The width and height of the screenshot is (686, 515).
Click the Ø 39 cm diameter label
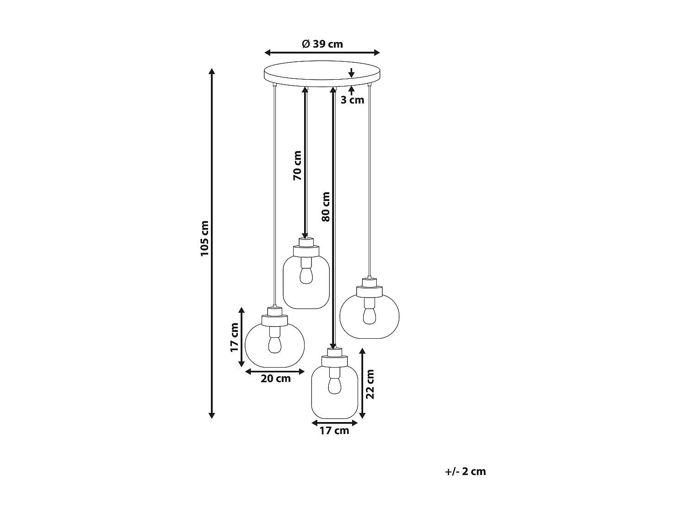pyautogui.click(x=322, y=44)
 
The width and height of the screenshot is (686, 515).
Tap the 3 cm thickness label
pyautogui.click(x=352, y=100)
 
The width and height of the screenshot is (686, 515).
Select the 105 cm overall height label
pyautogui.click(x=204, y=239)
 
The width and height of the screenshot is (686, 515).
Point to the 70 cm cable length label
pyautogui.click(x=298, y=165)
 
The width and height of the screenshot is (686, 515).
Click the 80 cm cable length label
pyautogui.click(x=326, y=206)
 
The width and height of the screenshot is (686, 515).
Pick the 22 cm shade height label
pyautogui.click(x=370, y=384)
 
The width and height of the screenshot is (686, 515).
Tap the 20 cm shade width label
pyautogui.click(x=276, y=379)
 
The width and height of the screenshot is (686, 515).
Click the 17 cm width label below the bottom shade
pyautogui.click(x=334, y=431)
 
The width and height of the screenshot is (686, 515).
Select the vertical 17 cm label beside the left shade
pyautogui.click(x=234, y=338)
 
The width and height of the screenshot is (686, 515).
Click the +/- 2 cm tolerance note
pyautogui.click(x=465, y=472)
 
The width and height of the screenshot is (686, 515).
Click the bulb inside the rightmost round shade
pyautogui.click(x=369, y=315)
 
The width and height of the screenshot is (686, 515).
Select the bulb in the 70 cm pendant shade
pyautogui.click(x=305, y=274)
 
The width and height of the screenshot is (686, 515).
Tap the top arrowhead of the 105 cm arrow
pyautogui.click(x=212, y=71)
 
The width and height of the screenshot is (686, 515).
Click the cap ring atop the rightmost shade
pyautogui.click(x=369, y=291)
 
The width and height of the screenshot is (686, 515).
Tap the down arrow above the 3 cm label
pyautogui.click(x=351, y=73)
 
